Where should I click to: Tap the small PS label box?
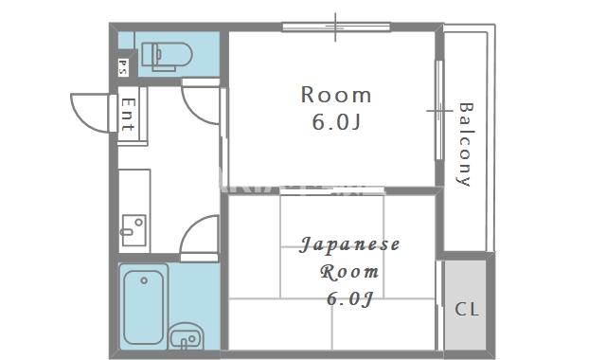(x=123, y=66)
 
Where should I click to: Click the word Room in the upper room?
(x=336, y=95)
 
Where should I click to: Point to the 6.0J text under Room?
(x=336, y=122)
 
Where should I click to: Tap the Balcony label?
(x=465, y=143)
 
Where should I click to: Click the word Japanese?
(x=350, y=245)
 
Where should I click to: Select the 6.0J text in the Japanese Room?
(x=349, y=299)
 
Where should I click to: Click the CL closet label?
(x=467, y=310)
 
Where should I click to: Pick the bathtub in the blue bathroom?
(x=144, y=304)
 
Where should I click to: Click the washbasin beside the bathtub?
(x=186, y=335)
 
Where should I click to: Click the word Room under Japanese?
(x=350, y=273)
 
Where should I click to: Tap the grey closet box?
(x=468, y=303)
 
